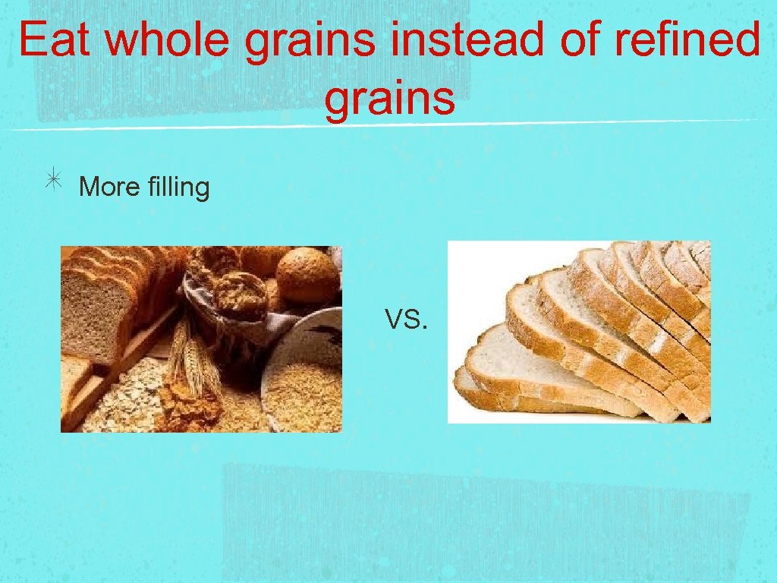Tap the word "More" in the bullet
[106, 186]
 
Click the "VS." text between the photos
[406, 321]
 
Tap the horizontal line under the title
[388, 125]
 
